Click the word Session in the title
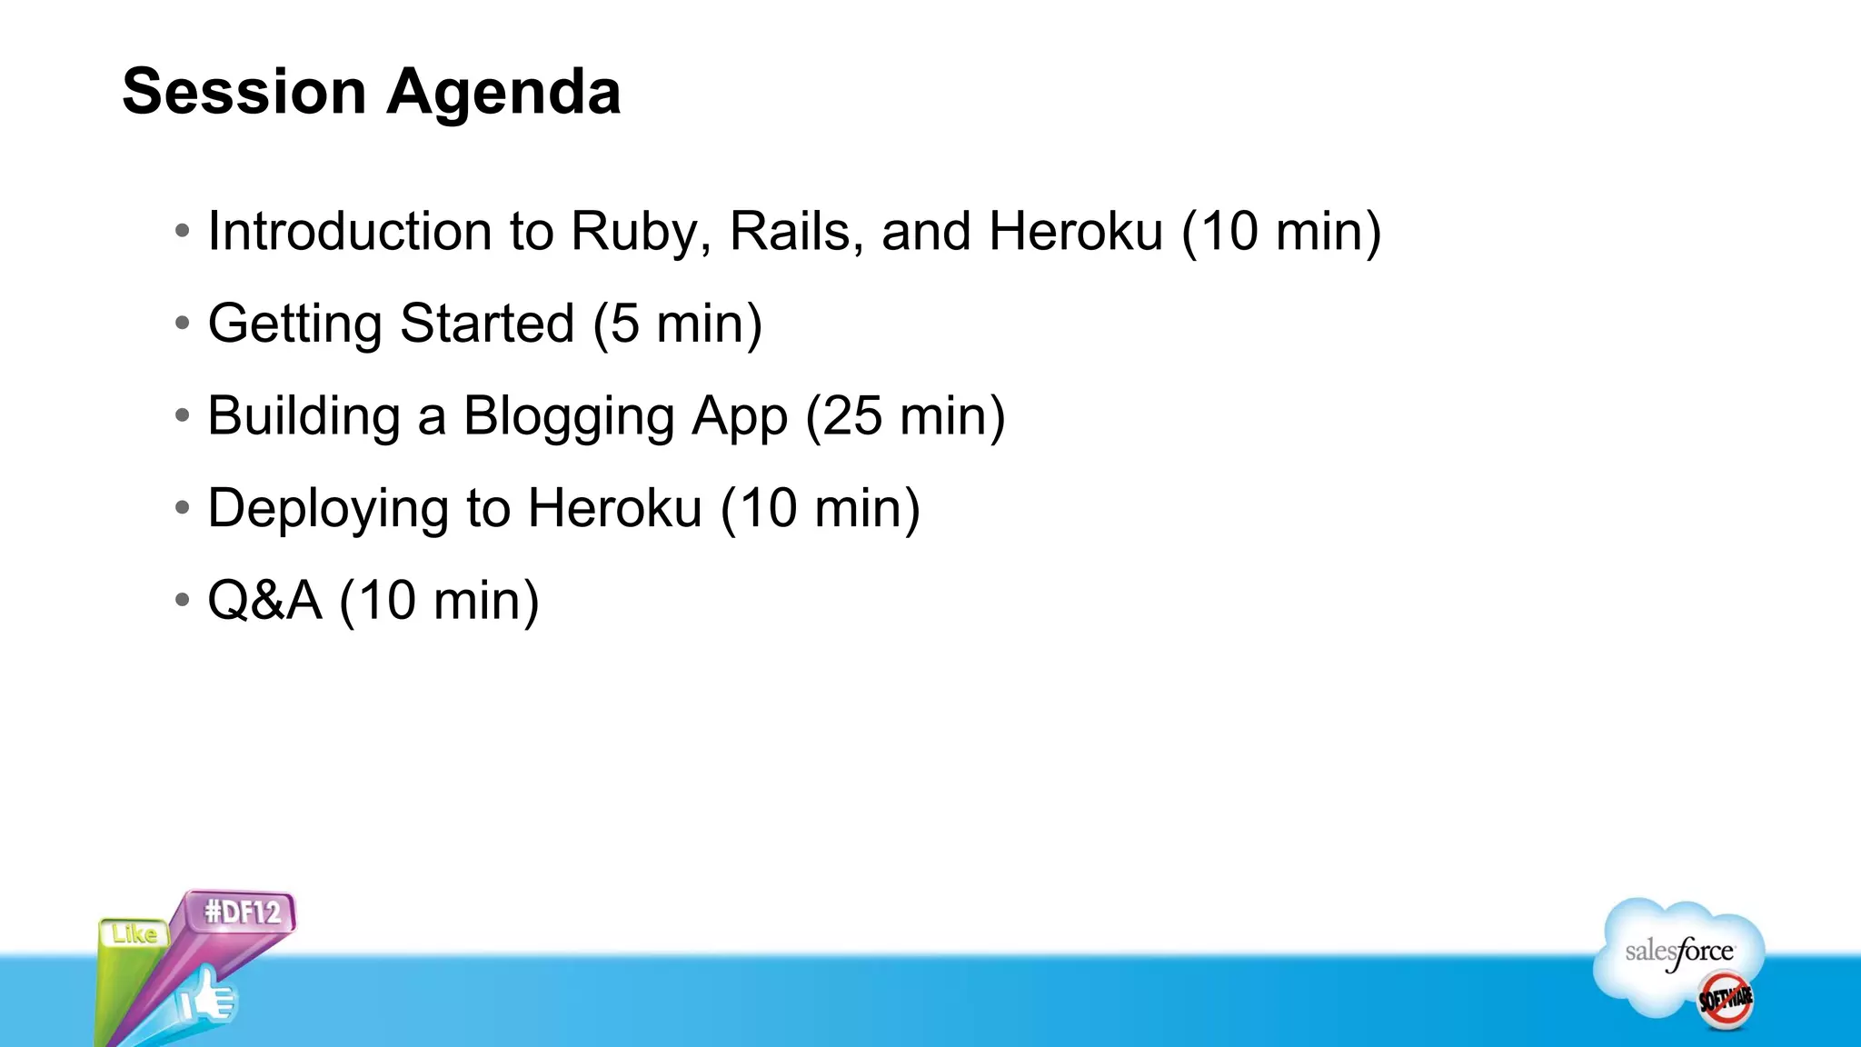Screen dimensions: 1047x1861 click(244, 92)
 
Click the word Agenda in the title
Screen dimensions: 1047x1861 click(503, 94)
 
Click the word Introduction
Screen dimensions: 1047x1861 click(349, 232)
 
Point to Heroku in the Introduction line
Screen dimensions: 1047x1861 click(1076, 232)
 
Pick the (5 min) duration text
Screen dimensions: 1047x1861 click(677, 324)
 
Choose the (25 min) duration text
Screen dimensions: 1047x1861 click(905, 417)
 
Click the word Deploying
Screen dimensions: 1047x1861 click(328, 509)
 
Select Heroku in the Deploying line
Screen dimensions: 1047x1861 click(615, 509)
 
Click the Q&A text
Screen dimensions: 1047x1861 click(264, 601)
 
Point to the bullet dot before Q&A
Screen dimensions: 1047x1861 click(183, 600)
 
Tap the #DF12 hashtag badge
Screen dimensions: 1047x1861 click(243, 912)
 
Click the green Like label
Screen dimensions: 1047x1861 click(134, 933)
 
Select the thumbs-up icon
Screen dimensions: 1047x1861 click(206, 997)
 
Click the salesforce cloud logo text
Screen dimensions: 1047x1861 click(1678, 952)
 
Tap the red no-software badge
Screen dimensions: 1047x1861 click(1725, 999)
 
